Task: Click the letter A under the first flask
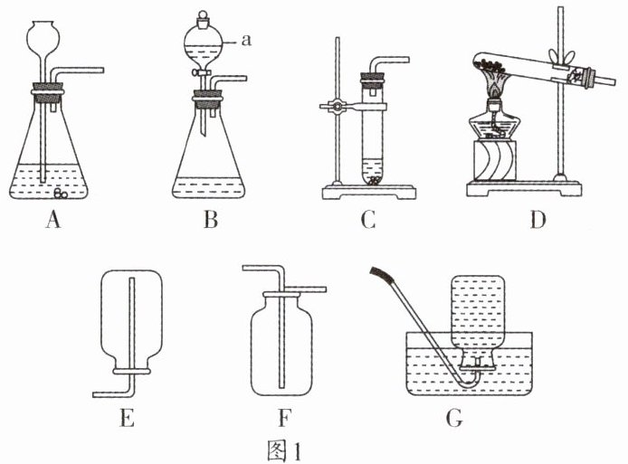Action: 53,219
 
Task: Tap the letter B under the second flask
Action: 210,219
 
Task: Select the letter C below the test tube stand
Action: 367,219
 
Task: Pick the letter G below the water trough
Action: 454,417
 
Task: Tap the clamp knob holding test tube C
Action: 336,107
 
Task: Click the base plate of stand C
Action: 367,192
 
